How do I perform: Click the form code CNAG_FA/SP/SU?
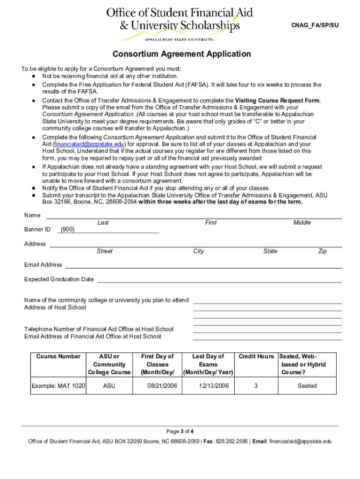click(315, 25)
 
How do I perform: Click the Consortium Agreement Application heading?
click(181, 54)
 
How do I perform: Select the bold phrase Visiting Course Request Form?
click(277, 101)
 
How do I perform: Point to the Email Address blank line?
click(203, 265)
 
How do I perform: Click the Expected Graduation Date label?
click(59, 279)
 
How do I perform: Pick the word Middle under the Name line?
click(302, 223)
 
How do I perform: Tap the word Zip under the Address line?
click(323, 251)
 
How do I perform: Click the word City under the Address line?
click(199, 251)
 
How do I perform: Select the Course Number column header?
click(58, 356)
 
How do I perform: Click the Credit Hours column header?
click(256, 356)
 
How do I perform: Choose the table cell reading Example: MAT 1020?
click(58, 386)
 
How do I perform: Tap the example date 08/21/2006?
click(158, 386)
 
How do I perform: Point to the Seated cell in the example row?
click(307, 386)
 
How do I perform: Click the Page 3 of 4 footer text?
click(180, 431)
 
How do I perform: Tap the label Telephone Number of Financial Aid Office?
click(99, 329)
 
